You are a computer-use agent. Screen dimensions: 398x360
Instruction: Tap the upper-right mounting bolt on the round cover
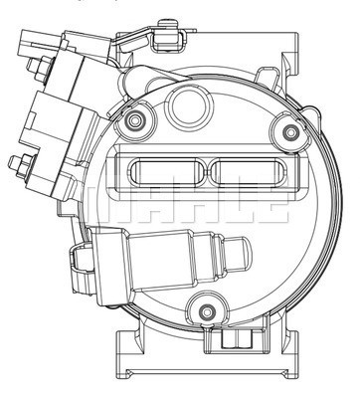288,130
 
